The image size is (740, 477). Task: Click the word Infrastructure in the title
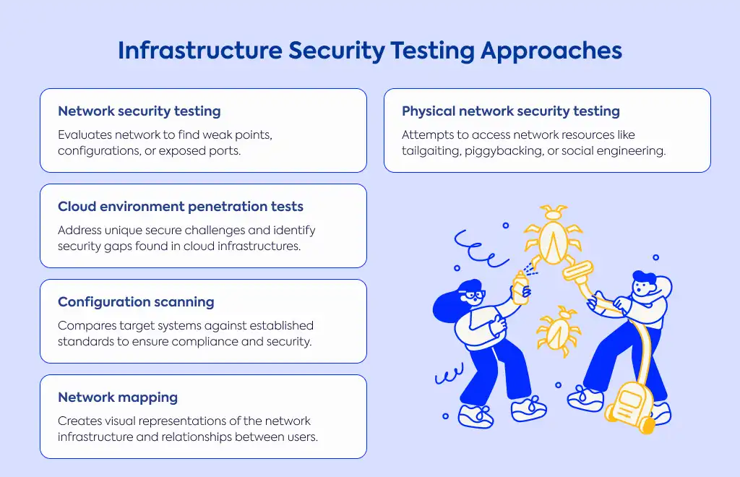coord(200,50)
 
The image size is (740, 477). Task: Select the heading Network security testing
coord(139,111)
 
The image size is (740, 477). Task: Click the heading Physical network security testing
coord(511,111)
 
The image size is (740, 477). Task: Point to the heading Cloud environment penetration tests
coord(180,207)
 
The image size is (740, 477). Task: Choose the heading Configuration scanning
coord(136,302)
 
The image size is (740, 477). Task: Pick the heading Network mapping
coord(118,397)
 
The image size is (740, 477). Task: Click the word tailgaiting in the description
coord(431,151)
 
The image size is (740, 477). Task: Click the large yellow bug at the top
coord(553,234)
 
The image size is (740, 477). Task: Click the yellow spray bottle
coord(521,288)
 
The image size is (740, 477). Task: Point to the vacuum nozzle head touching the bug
coord(577,271)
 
